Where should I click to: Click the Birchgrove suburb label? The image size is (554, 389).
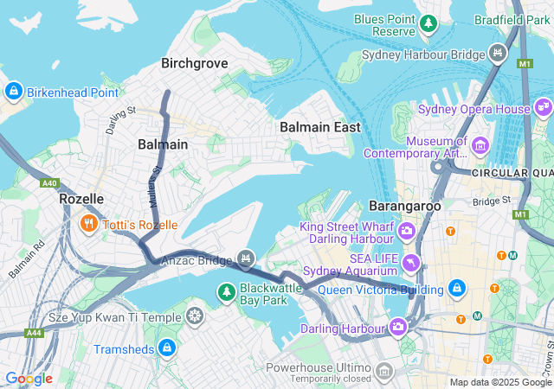(x=194, y=62)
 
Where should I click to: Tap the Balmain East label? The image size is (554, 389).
(x=320, y=127)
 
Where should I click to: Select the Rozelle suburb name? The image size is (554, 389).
(x=81, y=199)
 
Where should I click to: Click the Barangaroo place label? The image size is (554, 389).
(x=405, y=207)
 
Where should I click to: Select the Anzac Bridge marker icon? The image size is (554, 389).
(x=247, y=258)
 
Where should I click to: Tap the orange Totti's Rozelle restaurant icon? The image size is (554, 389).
(x=88, y=225)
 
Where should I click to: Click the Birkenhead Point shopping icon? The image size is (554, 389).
(x=14, y=92)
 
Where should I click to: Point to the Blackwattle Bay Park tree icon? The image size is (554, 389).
(x=227, y=293)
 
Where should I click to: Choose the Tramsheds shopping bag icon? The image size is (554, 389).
(x=166, y=348)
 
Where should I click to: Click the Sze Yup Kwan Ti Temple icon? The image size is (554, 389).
(x=196, y=317)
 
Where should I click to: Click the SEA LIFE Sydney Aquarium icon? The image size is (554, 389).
(x=411, y=261)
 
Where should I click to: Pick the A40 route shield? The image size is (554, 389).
(x=48, y=183)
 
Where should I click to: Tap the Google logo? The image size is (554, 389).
(x=29, y=379)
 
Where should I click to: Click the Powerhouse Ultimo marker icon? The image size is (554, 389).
(x=383, y=372)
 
